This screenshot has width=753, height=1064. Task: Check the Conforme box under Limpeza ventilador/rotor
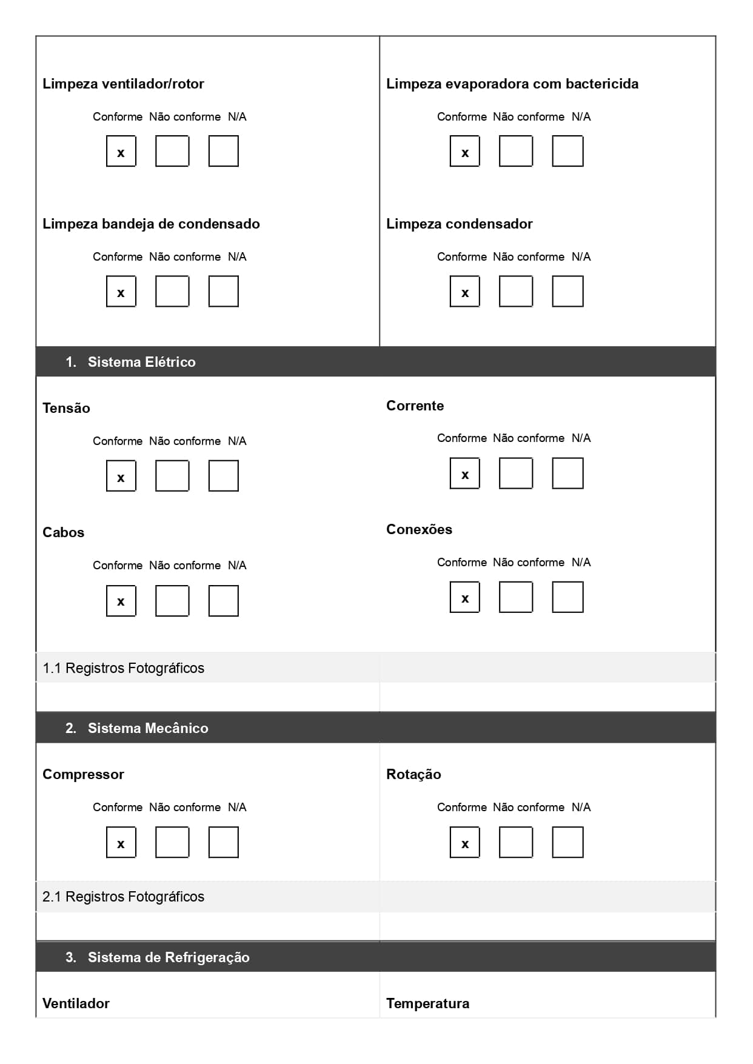[x=121, y=151]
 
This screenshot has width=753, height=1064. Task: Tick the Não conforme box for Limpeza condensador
[x=516, y=292]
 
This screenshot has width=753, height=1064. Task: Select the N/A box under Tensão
[x=224, y=476]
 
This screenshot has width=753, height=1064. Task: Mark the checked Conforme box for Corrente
[x=465, y=473]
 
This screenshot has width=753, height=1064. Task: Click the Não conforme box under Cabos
[x=172, y=601]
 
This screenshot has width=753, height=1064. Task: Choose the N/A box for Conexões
[x=568, y=597]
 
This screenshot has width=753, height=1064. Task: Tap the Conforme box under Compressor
[x=121, y=843]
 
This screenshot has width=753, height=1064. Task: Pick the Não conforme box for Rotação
[x=516, y=843]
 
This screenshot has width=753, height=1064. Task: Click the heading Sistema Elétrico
[x=141, y=362]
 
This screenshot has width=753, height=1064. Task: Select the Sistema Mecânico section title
[x=147, y=728]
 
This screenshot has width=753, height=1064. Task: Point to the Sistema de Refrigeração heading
[x=168, y=957]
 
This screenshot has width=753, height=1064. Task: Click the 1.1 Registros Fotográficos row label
[x=124, y=668]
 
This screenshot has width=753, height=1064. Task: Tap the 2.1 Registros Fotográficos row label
[x=124, y=897]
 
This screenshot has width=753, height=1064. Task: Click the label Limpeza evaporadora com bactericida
[x=512, y=84]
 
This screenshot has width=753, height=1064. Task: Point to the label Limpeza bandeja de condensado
[x=151, y=224]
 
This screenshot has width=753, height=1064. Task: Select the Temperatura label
[x=427, y=1003]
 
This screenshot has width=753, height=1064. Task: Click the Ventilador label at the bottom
[x=76, y=1003]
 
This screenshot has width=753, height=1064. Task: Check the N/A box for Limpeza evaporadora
[x=568, y=151]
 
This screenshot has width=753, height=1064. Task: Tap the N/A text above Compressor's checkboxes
[x=237, y=808]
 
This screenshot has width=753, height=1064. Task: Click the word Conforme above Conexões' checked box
[x=461, y=563]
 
